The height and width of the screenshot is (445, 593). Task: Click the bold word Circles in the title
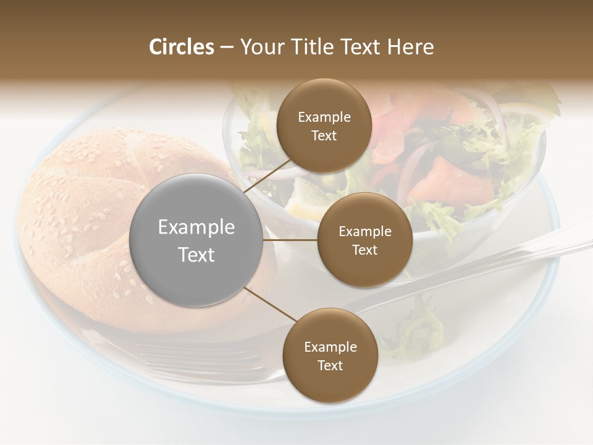(x=181, y=47)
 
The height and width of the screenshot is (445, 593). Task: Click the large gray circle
(x=196, y=240)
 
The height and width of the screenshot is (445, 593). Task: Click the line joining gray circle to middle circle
(x=290, y=240)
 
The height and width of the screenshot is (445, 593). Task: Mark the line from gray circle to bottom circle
(x=270, y=305)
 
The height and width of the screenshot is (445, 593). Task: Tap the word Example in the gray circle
(x=196, y=227)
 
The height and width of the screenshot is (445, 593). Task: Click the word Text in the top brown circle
(x=324, y=136)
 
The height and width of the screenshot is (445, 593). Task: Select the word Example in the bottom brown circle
(x=330, y=347)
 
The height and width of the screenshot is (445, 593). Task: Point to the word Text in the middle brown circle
(x=365, y=250)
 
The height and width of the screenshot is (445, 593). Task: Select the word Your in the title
(x=261, y=47)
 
